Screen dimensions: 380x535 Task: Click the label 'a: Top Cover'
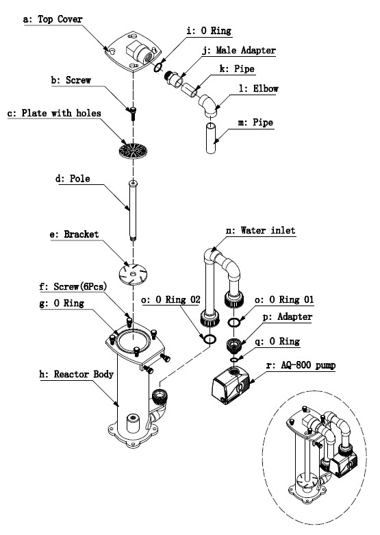[x=53, y=19]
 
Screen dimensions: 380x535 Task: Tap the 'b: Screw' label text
[x=71, y=80]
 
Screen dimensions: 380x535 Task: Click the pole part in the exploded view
[x=133, y=210]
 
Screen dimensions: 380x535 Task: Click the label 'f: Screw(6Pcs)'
[x=73, y=286]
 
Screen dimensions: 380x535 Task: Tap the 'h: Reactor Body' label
[x=77, y=374]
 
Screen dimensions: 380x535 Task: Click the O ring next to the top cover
[x=157, y=68]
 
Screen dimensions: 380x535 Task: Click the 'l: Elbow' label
[x=259, y=89]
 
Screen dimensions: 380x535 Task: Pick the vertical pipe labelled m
[x=211, y=138]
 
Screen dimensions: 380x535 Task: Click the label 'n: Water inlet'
[x=261, y=230]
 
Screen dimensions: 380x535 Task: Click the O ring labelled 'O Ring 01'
[x=233, y=322]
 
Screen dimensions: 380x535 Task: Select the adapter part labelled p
[x=233, y=345]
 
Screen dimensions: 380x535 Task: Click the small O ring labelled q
[x=234, y=360]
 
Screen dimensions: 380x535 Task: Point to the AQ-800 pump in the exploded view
[x=231, y=384]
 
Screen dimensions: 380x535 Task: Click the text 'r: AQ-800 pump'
[x=301, y=365]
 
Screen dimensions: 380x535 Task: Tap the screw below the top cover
[x=133, y=113]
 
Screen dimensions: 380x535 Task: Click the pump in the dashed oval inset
[x=343, y=464]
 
